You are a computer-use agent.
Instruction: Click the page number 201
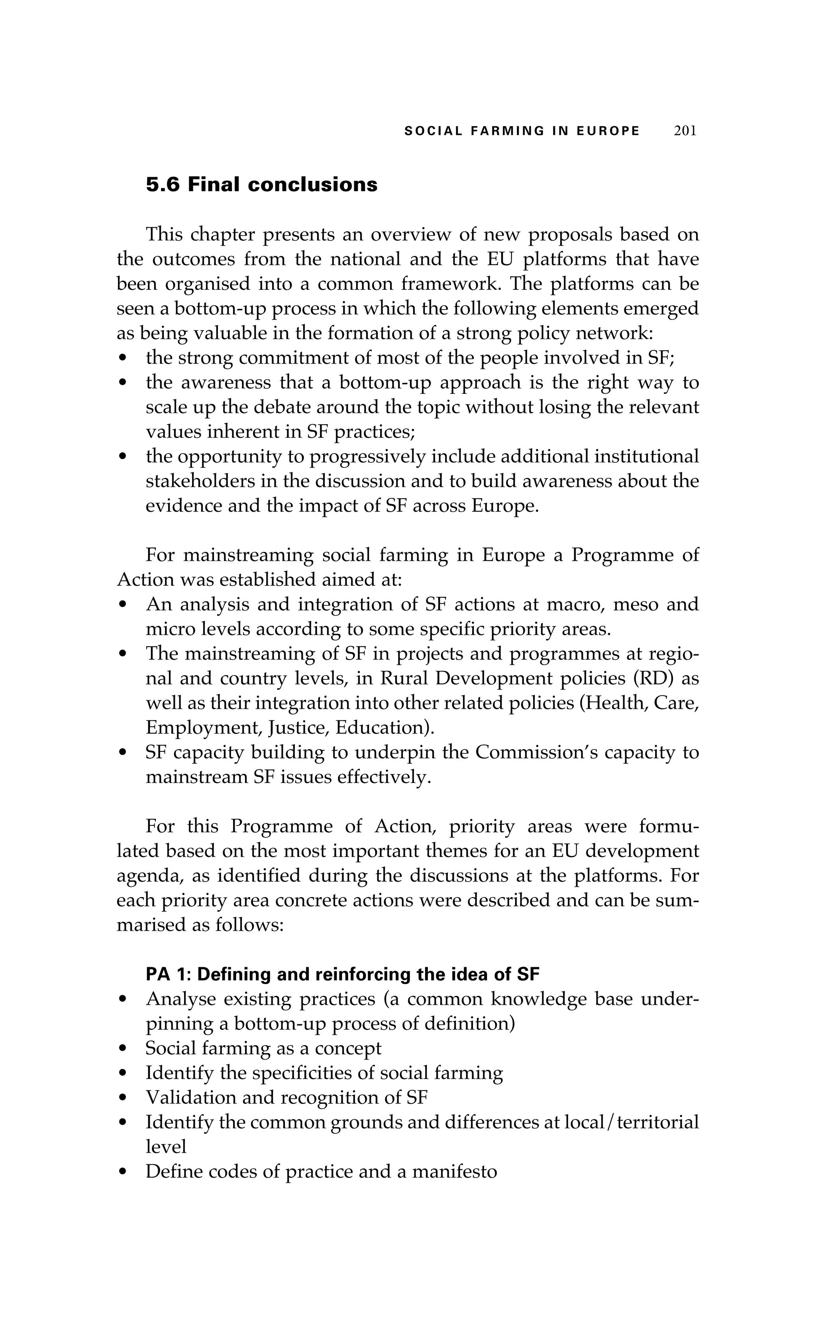685,131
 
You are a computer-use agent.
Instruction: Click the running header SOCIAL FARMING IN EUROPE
522,131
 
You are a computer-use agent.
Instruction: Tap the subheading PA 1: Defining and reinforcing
342,974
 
